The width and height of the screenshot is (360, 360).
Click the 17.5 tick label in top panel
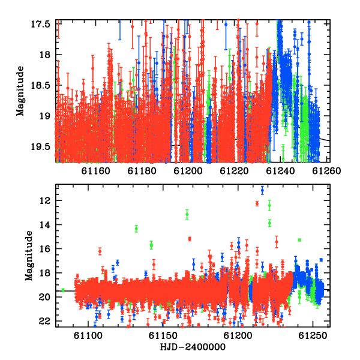pyautogui.click(x=40, y=24)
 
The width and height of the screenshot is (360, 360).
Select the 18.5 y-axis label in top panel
pyautogui.click(x=40, y=85)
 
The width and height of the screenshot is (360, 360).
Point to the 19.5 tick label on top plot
pyautogui.click(x=40, y=146)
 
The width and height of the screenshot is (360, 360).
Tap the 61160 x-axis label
pyautogui.click(x=96, y=171)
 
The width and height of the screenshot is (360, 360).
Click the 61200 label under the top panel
pyautogui.click(x=188, y=171)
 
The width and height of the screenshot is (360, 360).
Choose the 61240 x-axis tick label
pyautogui.click(x=280, y=171)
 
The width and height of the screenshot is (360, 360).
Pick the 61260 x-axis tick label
pyautogui.click(x=326, y=171)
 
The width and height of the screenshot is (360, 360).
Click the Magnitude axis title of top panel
pyautogui.click(x=20, y=91)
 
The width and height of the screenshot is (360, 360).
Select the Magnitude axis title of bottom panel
pyautogui.click(x=29, y=256)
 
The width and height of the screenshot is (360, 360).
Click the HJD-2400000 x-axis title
pyautogui.click(x=193, y=347)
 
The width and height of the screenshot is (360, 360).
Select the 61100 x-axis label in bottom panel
pyautogui.click(x=88, y=335)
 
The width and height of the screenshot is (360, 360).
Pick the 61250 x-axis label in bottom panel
pyautogui.click(x=313, y=335)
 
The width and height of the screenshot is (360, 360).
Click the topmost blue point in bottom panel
pyautogui.click(x=262, y=190)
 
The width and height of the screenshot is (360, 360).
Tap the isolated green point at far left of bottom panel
pyautogui.click(x=63, y=290)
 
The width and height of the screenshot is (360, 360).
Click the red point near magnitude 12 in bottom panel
pyautogui.click(x=257, y=203)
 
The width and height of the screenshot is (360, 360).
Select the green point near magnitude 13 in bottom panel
pyautogui.click(x=187, y=214)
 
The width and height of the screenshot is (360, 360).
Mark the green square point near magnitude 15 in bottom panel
pyautogui.click(x=299, y=240)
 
